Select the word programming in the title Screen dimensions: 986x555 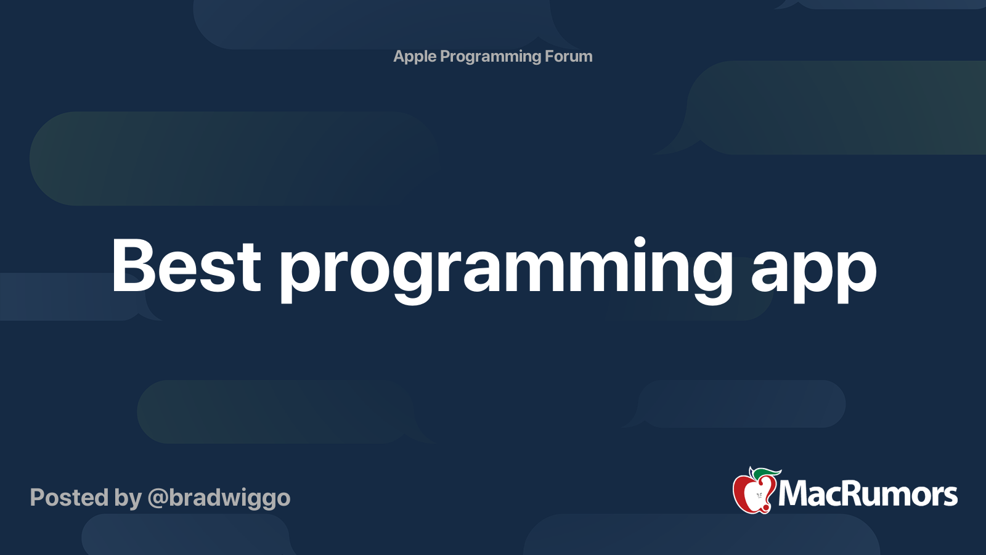point(505,271)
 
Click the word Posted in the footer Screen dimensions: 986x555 point(70,498)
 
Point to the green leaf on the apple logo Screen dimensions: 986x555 point(766,474)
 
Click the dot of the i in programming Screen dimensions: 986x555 point(639,243)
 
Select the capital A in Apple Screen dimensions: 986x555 point(400,56)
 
